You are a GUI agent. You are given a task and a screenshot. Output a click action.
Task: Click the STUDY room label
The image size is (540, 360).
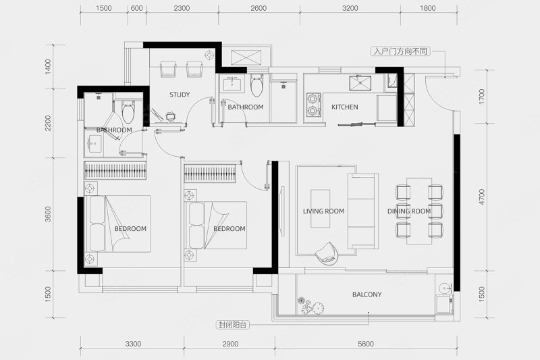[180, 95]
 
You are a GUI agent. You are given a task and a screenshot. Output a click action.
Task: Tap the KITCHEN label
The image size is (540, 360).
[345, 107]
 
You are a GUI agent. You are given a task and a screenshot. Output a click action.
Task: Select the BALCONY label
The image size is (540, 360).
[367, 294]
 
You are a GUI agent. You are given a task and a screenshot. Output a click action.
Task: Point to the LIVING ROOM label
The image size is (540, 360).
[323, 211]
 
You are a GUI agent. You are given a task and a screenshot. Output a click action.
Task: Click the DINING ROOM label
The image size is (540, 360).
[409, 211]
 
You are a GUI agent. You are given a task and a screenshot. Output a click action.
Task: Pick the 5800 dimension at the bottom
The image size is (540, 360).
[366, 344]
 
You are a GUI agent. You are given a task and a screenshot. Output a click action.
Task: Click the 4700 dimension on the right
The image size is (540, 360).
[481, 197]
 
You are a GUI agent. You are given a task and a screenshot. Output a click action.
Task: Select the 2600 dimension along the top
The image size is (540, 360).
[259, 8]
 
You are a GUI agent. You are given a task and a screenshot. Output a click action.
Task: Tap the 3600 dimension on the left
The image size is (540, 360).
[47, 214]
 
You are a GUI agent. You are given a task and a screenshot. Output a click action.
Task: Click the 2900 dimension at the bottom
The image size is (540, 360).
[230, 344]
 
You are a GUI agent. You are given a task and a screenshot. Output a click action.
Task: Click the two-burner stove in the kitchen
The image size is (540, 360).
[313, 105]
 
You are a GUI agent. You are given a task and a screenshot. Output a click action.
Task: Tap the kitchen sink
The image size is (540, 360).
[360, 83]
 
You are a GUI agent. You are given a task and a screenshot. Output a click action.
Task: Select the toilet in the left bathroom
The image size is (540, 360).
[128, 111]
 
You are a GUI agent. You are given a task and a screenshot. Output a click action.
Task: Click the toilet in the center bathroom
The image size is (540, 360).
[256, 84]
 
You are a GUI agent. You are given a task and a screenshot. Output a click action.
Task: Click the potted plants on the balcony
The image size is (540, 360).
[310, 305]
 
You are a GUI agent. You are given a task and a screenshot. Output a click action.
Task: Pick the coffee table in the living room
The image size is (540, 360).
[320, 209]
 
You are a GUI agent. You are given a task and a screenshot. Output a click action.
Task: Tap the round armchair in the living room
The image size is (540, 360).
[327, 253]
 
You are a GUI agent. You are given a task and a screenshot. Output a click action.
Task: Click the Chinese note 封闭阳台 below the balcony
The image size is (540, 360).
[233, 325]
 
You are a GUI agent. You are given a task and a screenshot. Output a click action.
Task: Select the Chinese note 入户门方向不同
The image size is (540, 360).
[400, 51]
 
